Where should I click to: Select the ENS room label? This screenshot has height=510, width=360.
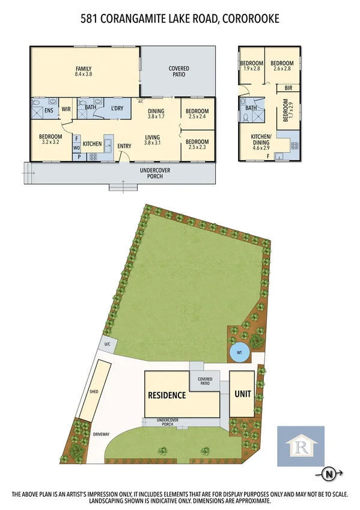point(48,111)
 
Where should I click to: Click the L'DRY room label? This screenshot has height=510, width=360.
point(117,108)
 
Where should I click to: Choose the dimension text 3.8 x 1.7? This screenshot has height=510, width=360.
point(156,117)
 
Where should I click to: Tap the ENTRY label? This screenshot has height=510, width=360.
point(124,146)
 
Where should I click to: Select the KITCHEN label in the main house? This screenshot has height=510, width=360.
point(92,144)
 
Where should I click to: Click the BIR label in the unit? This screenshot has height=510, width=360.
point(288,88)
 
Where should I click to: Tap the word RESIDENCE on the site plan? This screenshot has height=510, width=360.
point(166,395)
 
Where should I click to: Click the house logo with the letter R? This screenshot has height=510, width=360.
point(300,446)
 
